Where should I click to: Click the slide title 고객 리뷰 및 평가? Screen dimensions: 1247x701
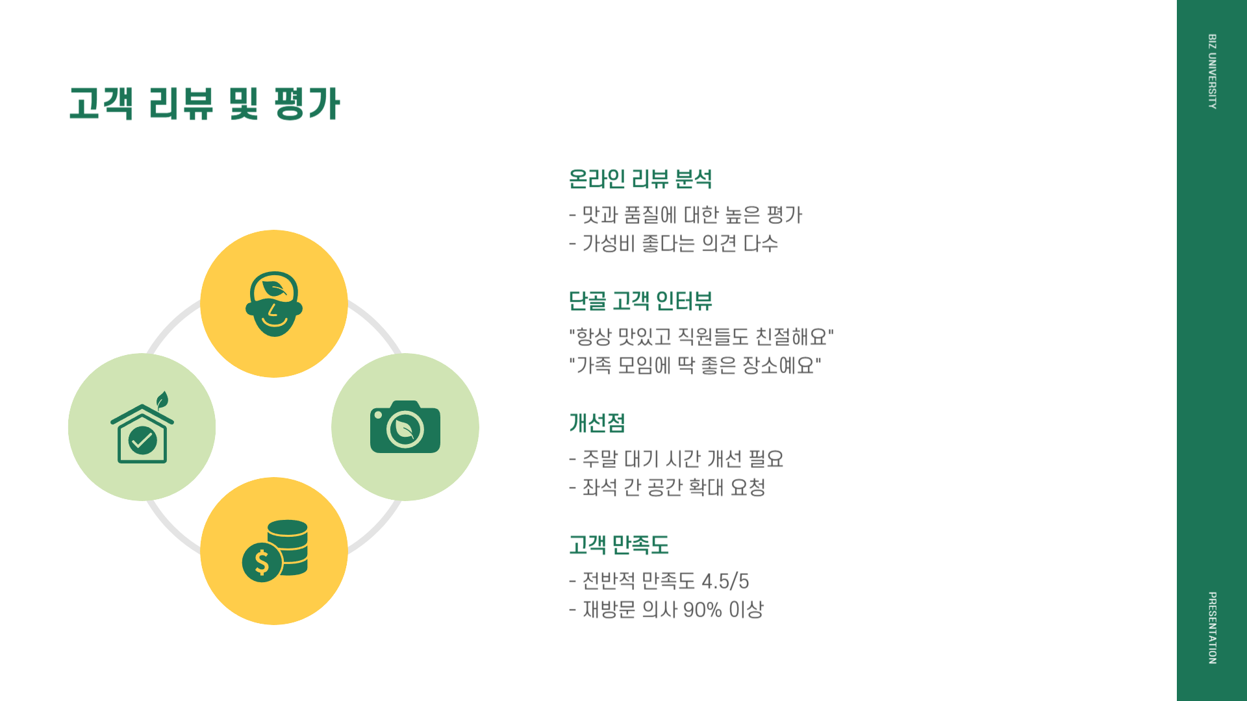205,104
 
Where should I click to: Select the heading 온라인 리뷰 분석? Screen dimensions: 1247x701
640,179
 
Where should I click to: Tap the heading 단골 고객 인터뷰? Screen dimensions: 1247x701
640,301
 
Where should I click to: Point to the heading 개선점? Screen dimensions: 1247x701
597,423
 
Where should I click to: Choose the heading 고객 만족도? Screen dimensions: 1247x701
618,545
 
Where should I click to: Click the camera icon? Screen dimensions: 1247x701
405,427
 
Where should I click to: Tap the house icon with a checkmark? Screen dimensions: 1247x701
142,434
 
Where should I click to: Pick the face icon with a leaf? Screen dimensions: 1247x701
274,304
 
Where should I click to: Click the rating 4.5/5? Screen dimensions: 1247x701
725,581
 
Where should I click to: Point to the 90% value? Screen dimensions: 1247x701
702,610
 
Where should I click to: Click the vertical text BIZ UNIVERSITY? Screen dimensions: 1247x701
1212,71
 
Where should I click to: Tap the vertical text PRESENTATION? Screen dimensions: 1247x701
1212,628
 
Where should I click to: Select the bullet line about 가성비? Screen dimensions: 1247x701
674,244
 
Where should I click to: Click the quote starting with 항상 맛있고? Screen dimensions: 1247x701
701,337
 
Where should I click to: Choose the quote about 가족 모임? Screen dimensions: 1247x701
695,365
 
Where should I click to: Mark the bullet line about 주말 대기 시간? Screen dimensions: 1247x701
676,460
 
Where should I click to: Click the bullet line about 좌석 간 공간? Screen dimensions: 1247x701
667,487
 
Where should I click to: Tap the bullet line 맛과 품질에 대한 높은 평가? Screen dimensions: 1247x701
686,215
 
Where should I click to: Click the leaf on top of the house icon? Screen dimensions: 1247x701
162,400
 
